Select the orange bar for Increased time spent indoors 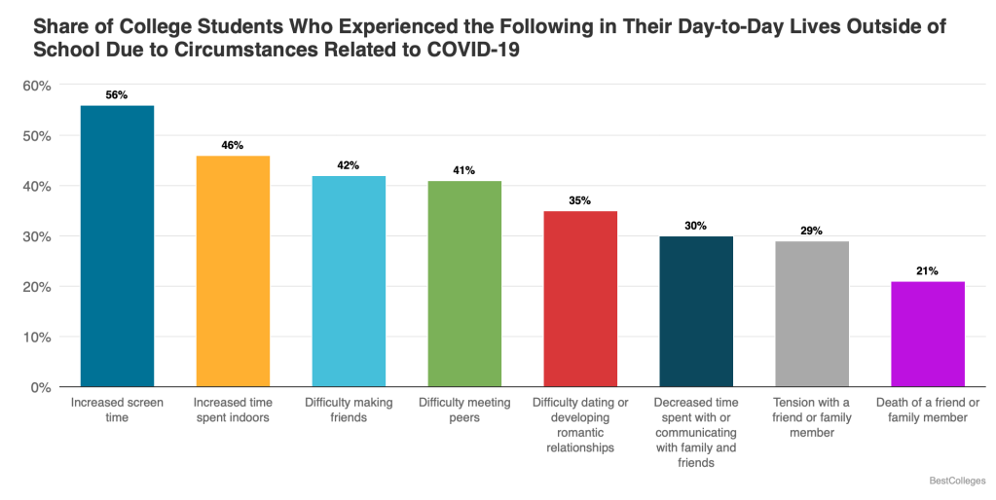click(x=233, y=271)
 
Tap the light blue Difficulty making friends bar click(x=349, y=281)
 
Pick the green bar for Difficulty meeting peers click(x=464, y=284)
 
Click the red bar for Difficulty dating click(x=580, y=299)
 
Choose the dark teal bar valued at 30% click(x=696, y=311)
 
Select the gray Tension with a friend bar click(x=812, y=314)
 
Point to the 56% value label click(x=117, y=95)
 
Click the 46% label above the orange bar click(x=233, y=146)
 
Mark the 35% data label click(x=580, y=201)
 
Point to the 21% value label click(x=928, y=271)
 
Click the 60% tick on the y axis click(x=37, y=86)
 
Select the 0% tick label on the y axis click(x=41, y=387)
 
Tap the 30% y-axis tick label click(x=37, y=236)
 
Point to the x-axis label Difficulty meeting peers click(x=464, y=410)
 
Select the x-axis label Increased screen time click(x=117, y=410)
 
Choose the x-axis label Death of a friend click(x=928, y=410)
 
